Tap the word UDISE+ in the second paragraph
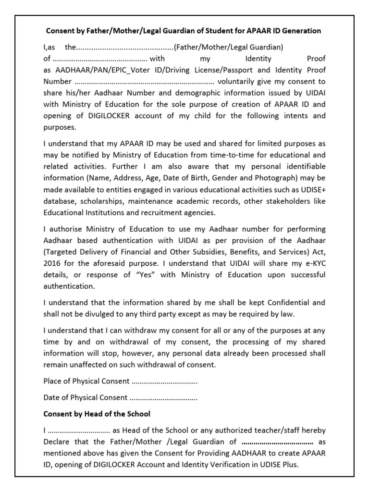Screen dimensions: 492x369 click(x=312, y=190)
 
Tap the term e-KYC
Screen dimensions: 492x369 click(x=312, y=264)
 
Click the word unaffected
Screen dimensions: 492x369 click(x=88, y=365)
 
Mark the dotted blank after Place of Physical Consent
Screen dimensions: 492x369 click(x=164, y=381)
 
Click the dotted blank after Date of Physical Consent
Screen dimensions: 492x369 click(x=163, y=398)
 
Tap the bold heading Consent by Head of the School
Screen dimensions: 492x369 click(x=97, y=414)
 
